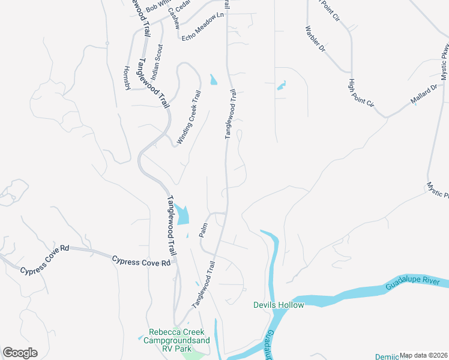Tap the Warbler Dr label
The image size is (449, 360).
point(315,38)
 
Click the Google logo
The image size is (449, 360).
point(20,353)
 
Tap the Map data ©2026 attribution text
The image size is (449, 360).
point(423,355)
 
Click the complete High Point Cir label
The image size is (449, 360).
point(361,94)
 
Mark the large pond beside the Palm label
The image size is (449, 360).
point(182,214)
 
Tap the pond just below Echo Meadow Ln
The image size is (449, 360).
point(214,79)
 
